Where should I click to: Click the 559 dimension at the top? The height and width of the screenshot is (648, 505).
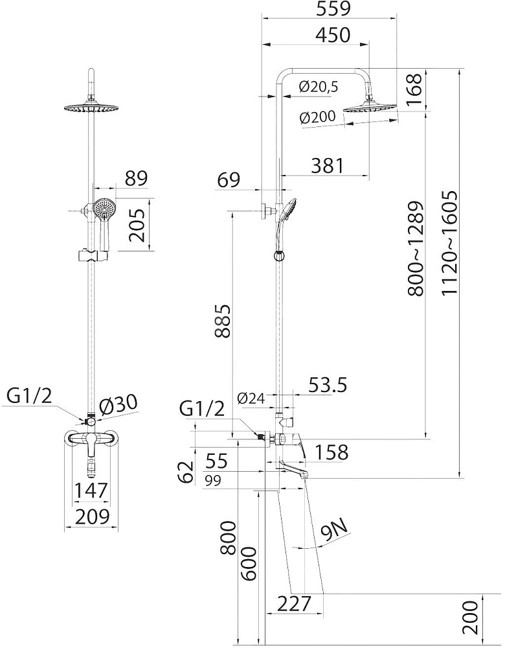[333, 8]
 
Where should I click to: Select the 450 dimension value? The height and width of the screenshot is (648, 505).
[333, 35]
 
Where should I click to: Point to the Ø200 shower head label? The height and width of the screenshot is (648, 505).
[318, 117]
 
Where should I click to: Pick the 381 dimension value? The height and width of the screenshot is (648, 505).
[328, 166]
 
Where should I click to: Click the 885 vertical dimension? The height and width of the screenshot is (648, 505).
[223, 321]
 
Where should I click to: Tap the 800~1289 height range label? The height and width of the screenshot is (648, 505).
[416, 249]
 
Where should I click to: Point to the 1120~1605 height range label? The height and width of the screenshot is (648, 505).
[449, 242]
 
